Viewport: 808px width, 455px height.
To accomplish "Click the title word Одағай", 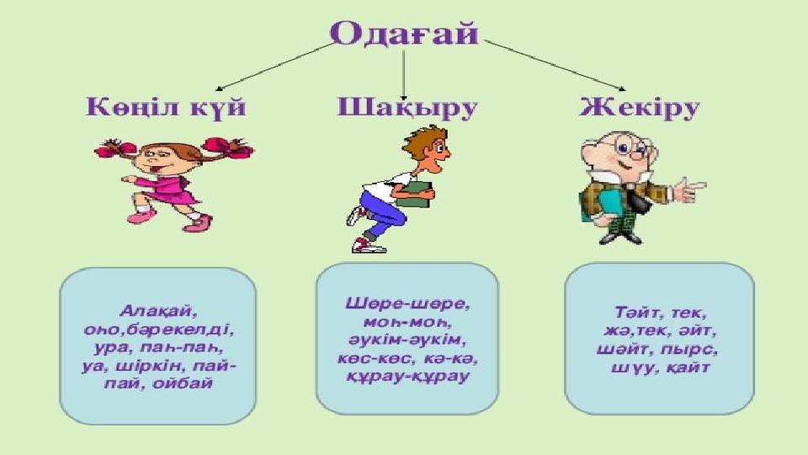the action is (x=405, y=34).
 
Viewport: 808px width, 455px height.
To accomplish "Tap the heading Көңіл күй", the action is (x=166, y=107).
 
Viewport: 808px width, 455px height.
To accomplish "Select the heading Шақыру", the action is (x=407, y=109).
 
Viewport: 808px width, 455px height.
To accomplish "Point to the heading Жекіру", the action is (x=639, y=108).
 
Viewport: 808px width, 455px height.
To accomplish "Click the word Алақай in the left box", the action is (x=158, y=311).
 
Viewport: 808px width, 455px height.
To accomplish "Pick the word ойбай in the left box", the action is (x=183, y=383).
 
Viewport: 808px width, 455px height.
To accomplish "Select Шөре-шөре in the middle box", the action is (x=407, y=303).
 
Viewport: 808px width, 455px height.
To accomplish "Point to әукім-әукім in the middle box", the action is (x=407, y=340).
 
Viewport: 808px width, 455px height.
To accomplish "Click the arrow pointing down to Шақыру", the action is (x=403, y=75).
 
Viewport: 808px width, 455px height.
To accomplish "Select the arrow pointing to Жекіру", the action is (x=555, y=66).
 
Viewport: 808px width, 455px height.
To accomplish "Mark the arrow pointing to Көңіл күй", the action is (x=275, y=67).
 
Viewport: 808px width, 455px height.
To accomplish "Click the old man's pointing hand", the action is (x=690, y=190).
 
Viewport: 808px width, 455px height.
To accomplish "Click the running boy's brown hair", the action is (x=422, y=141).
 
